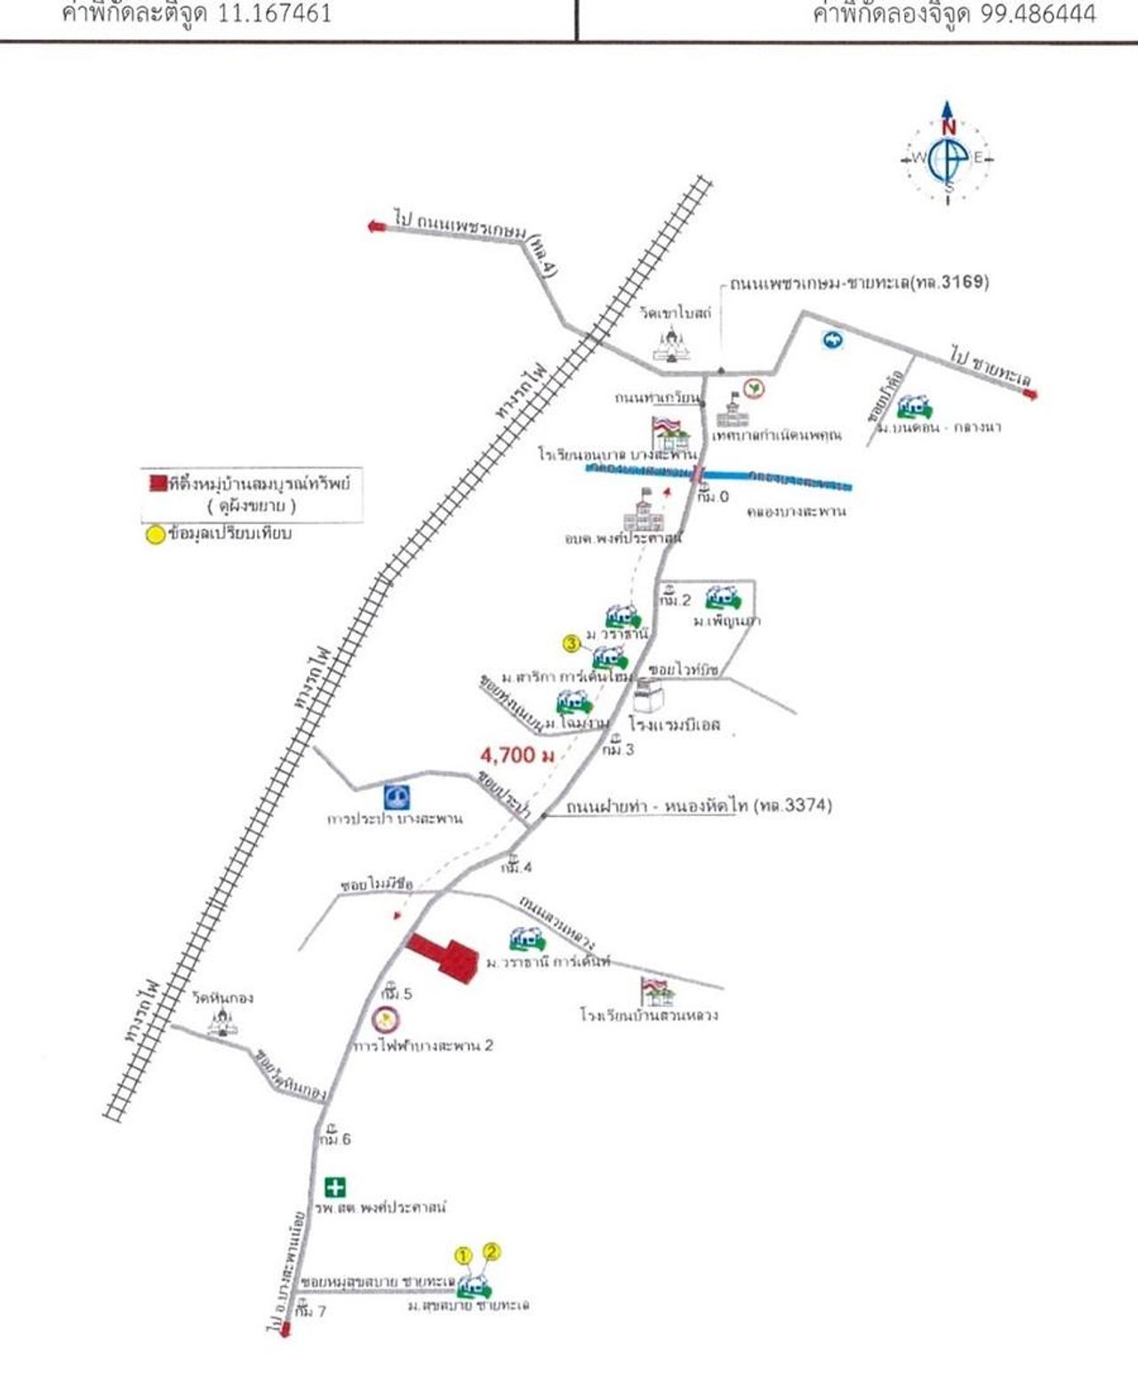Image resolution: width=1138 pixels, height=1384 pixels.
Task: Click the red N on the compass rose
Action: [949, 127]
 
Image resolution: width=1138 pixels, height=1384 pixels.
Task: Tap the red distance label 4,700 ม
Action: [517, 756]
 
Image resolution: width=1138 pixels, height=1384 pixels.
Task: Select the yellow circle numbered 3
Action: [573, 643]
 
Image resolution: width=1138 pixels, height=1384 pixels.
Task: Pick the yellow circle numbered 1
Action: [463, 1256]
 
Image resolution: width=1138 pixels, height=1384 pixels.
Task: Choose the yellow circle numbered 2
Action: [492, 1252]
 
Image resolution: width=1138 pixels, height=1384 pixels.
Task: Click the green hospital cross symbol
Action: [335, 1187]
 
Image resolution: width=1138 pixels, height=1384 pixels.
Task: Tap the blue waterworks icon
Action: [397, 796]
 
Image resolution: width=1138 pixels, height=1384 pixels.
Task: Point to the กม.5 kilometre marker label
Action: [397, 993]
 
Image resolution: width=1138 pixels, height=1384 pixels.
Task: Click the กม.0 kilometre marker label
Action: [713, 496]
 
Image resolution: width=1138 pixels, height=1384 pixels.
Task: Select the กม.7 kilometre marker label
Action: [311, 1310]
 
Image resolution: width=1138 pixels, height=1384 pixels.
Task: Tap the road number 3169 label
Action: [964, 283]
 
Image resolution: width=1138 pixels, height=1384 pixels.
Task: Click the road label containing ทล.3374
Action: [699, 806]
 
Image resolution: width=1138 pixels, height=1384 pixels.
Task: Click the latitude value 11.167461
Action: [275, 14]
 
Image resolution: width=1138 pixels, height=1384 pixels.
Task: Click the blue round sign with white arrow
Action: [832, 340]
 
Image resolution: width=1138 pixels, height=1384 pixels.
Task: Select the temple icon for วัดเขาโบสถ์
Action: [671, 343]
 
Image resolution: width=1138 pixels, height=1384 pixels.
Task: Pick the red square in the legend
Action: [157, 484]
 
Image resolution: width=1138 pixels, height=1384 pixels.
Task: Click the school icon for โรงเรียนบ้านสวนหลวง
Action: [657, 991]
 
